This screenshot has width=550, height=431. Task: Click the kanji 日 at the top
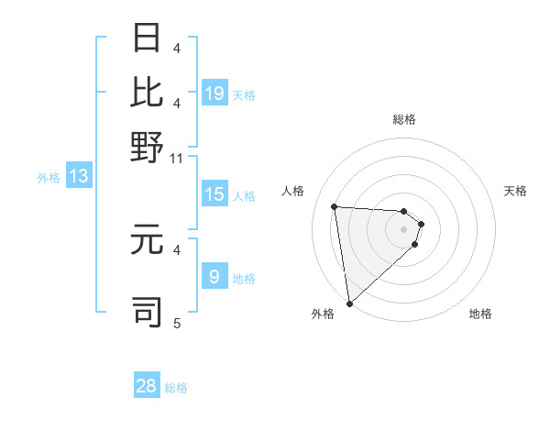pyautogui.click(x=148, y=39)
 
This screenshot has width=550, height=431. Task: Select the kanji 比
pyautogui.click(x=148, y=92)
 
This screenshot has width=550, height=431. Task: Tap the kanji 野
pyautogui.click(x=148, y=146)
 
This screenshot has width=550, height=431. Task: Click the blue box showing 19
pyautogui.click(x=214, y=94)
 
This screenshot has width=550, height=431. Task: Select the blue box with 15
pyautogui.click(x=214, y=194)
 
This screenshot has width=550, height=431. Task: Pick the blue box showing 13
pyautogui.click(x=78, y=177)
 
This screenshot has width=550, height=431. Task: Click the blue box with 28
pyautogui.click(x=147, y=386)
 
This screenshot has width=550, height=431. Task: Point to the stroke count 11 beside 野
pyautogui.click(x=177, y=159)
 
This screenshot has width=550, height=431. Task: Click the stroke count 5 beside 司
pyautogui.click(x=177, y=323)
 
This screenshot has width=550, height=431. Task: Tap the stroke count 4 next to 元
pyautogui.click(x=177, y=249)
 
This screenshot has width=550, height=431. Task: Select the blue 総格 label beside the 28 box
pyautogui.click(x=176, y=388)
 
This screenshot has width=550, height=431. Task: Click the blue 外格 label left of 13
pyautogui.click(x=49, y=178)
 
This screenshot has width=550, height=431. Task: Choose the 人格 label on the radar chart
pyautogui.click(x=293, y=191)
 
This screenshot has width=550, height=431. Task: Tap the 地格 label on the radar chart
pyautogui.click(x=480, y=314)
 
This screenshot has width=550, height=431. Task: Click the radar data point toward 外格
pyautogui.click(x=349, y=304)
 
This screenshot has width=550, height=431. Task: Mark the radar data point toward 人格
pyautogui.click(x=335, y=206)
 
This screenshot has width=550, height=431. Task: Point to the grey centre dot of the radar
pyautogui.click(x=403, y=241)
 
